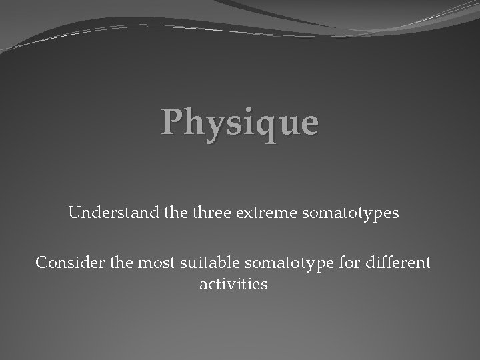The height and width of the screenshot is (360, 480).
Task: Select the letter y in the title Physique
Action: click(210, 126)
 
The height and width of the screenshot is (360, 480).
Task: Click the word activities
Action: click(233, 285)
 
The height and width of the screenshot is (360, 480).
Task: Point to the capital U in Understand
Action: click(73, 214)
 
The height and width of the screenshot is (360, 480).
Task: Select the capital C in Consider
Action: click(41, 263)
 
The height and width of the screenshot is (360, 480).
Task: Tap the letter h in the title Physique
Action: click(192, 121)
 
